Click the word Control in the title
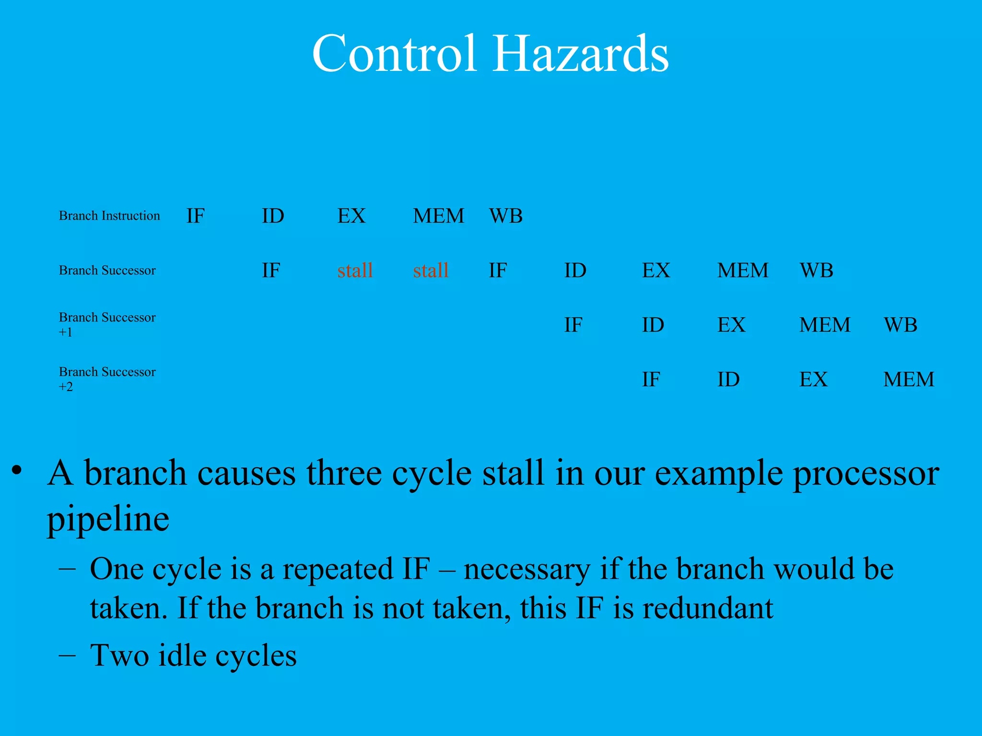click(x=394, y=54)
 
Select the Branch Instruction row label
click(x=109, y=216)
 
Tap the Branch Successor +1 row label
click(x=107, y=324)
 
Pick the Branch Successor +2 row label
click(x=107, y=379)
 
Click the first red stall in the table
click(x=355, y=270)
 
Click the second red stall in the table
click(x=431, y=270)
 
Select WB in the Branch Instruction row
click(x=505, y=216)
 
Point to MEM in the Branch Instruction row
click(x=438, y=216)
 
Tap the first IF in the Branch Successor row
click(x=271, y=270)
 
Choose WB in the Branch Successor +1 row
click(x=900, y=325)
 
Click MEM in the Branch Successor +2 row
click(x=908, y=379)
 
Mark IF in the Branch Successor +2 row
click(x=651, y=379)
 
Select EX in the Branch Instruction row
click(x=351, y=216)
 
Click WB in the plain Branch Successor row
click(x=816, y=270)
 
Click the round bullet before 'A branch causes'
click(x=17, y=470)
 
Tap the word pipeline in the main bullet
click(x=108, y=519)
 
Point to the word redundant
click(x=707, y=609)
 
